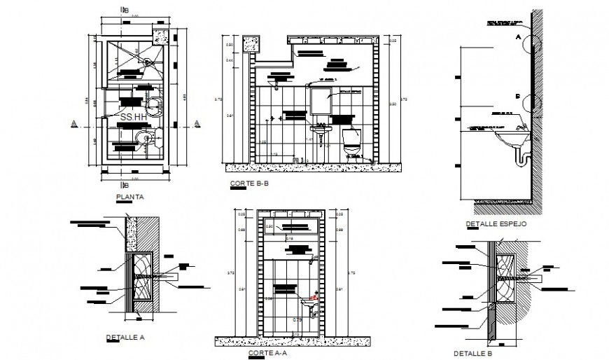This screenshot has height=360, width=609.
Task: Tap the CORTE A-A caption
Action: tap(266, 353)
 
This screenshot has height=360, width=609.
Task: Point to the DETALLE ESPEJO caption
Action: tap(496, 224)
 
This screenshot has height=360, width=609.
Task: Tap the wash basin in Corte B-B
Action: tap(320, 129)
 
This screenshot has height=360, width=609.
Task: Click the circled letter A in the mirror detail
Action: tap(519, 35)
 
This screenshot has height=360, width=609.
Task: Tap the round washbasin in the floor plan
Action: tap(144, 137)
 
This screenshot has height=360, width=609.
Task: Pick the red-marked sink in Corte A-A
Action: tap(309, 303)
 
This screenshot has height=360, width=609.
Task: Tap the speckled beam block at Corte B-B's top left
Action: tap(251, 43)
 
